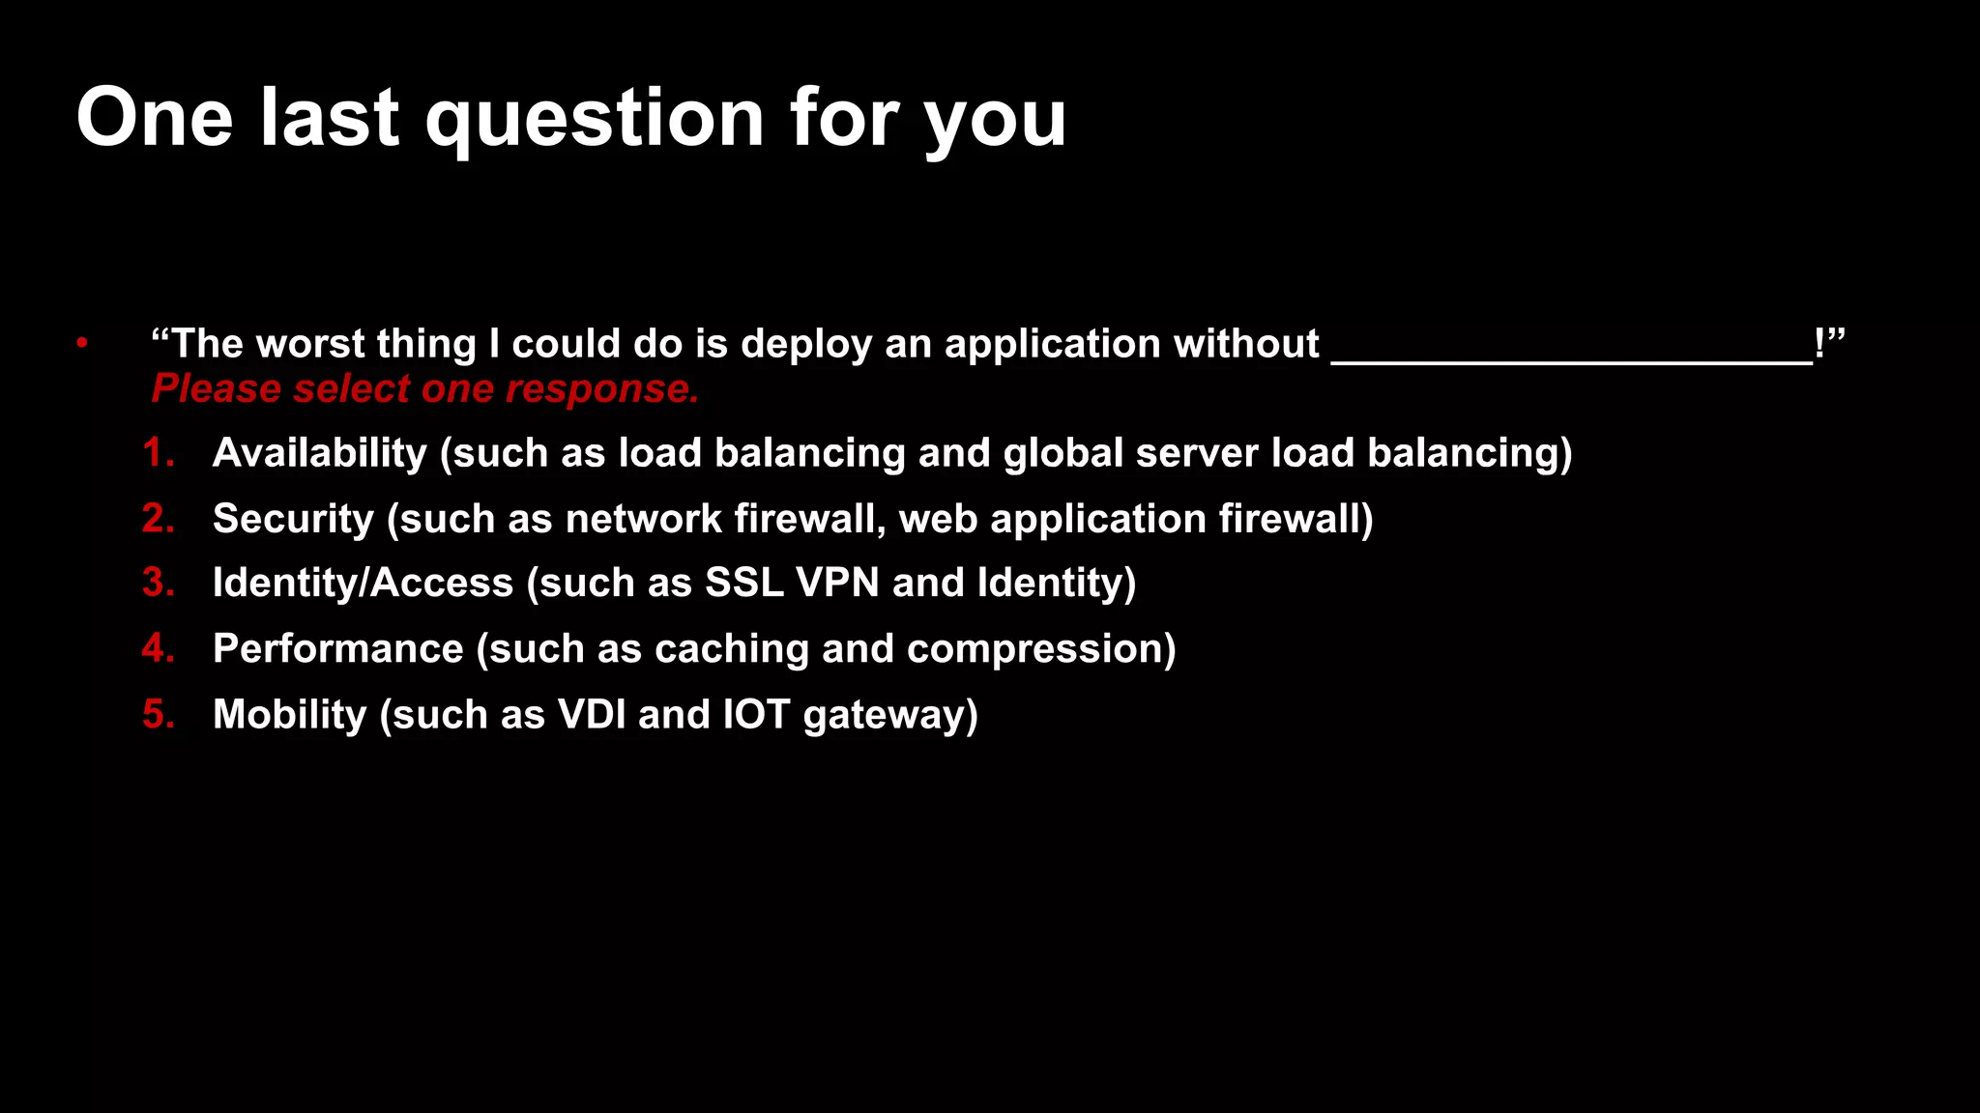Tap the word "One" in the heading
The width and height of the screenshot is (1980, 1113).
155,118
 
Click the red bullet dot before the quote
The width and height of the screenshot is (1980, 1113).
83,342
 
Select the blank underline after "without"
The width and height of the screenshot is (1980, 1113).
1572,357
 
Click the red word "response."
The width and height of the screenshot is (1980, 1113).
601,389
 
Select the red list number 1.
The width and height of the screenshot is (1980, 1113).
158,453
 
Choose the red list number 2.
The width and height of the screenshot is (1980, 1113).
158,519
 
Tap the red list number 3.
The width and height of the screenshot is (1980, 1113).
158,583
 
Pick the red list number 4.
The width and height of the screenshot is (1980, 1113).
158,648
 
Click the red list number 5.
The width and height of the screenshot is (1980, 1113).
158,715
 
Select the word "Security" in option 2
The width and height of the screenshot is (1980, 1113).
293,520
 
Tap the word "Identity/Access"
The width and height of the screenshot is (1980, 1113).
363,584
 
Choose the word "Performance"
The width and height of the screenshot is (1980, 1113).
338,649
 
